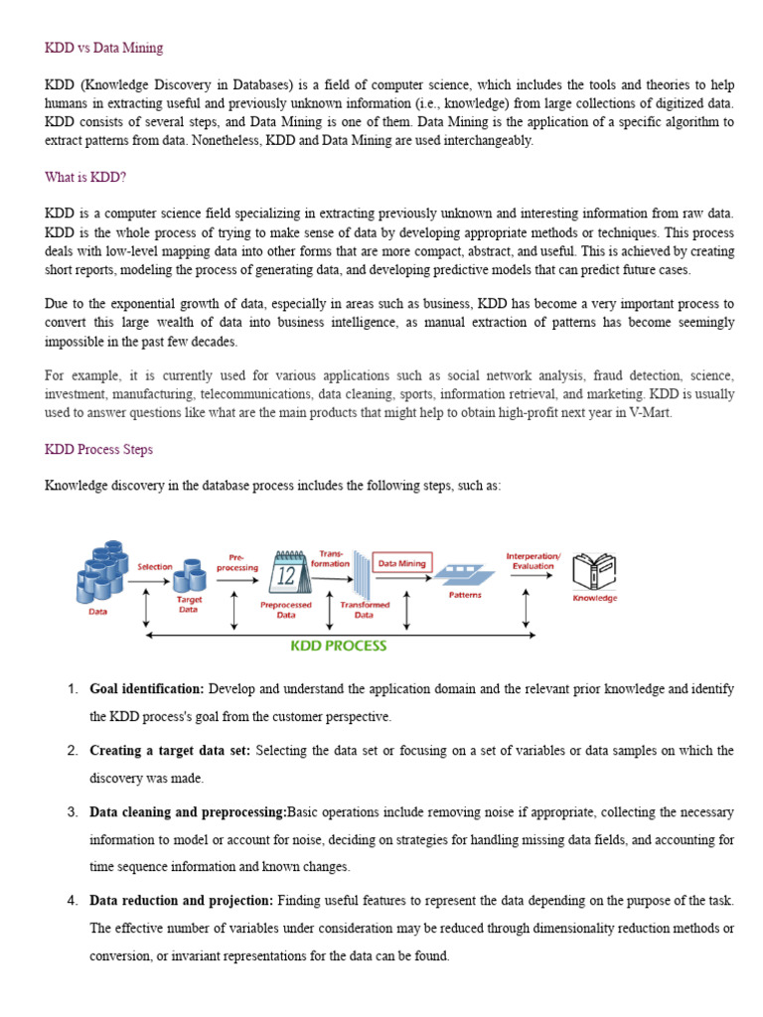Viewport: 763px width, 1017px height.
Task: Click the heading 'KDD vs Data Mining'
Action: [x=104, y=48]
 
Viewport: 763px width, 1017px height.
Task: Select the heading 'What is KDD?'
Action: [x=85, y=178]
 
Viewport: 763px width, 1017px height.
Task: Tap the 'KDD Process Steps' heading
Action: [x=99, y=449]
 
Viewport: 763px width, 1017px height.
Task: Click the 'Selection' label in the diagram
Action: [x=155, y=566]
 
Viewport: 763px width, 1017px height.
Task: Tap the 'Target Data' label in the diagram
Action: [x=189, y=605]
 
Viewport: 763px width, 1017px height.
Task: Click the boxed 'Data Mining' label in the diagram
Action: [x=402, y=563]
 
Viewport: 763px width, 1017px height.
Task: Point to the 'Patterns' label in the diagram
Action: [x=465, y=595]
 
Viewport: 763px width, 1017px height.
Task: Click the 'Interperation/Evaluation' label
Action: [x=534, y=560]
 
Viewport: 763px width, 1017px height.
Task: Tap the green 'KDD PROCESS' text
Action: [x=338, y=646]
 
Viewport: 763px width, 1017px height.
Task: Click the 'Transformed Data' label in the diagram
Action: [x=365, y=609]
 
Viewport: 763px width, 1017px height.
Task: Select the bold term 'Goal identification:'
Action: [x=147, y=688]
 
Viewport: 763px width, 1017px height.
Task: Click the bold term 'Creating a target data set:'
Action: [x=170, y=751]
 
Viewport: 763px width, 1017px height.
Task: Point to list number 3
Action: [x=72, y=812]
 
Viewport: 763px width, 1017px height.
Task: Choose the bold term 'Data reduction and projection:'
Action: [x=181, y=900]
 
